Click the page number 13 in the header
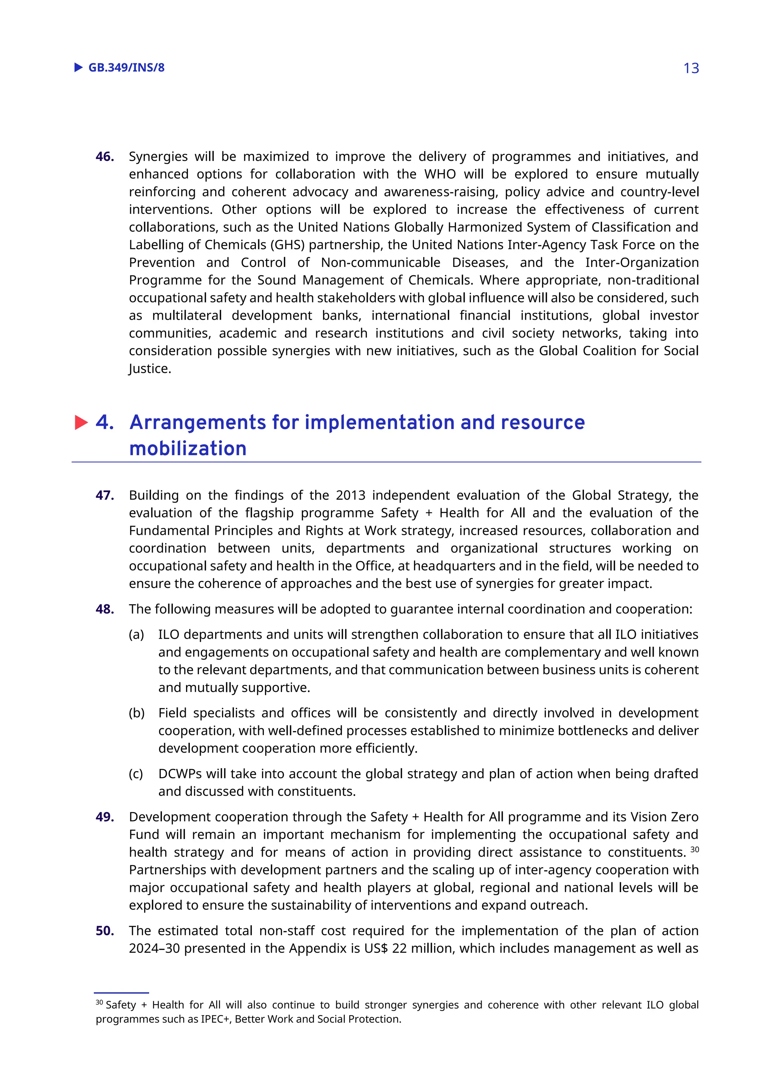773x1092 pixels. click(x=691, y=69)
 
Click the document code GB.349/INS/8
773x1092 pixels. click(x=126, y=68)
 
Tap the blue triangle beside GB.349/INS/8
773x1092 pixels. click(x=79, y=67)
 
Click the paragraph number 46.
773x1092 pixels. click(x=105, y=157)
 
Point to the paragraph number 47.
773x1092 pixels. click(x=105, y=495)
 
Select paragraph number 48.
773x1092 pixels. click(x=105, y=609)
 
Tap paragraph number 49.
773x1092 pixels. click(x=105, y=817)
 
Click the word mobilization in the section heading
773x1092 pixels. click(x=188, y=448)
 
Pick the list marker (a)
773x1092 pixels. click(x=136, y=635)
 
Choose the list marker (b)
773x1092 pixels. click(x=137, y=713)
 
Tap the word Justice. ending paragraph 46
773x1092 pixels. click(x=149, y=369)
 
